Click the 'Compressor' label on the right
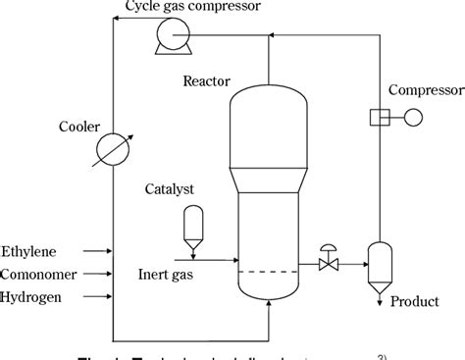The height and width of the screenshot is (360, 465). click(424, 90)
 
